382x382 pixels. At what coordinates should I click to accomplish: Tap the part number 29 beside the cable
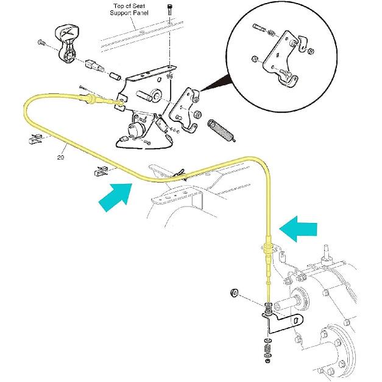coord(60,157)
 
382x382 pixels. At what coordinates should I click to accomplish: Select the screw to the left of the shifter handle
coord(41,43)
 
